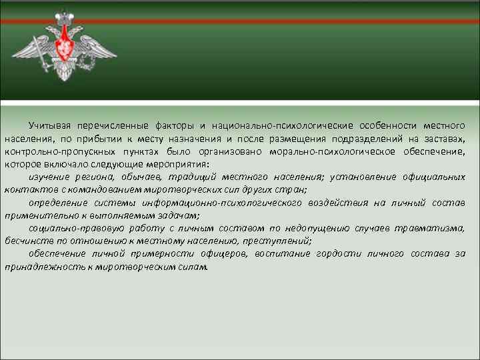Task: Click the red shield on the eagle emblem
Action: tap(65, 47)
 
